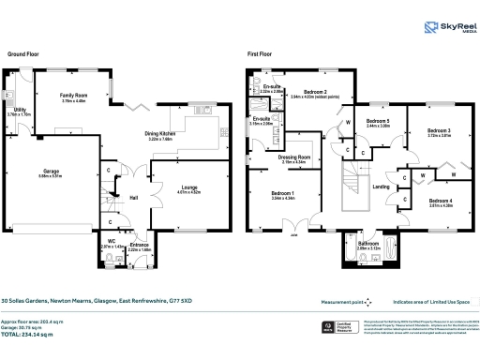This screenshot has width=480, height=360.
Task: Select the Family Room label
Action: tap(73, 96)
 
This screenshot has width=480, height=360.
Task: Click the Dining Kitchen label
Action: tap(187, 134)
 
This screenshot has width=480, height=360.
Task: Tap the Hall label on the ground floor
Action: tap(134, 197)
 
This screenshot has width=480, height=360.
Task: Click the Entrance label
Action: tap(139, 246)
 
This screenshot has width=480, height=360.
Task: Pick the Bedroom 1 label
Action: tap(282, 194)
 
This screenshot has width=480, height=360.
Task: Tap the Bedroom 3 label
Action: tap(440, 130)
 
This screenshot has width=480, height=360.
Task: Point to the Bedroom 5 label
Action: tap(377, 121)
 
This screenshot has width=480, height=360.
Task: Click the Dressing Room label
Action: tap(293, 157)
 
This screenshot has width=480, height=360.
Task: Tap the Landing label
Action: tap(382, 187)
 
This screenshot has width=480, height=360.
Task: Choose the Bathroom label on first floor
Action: tap(368, 243)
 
